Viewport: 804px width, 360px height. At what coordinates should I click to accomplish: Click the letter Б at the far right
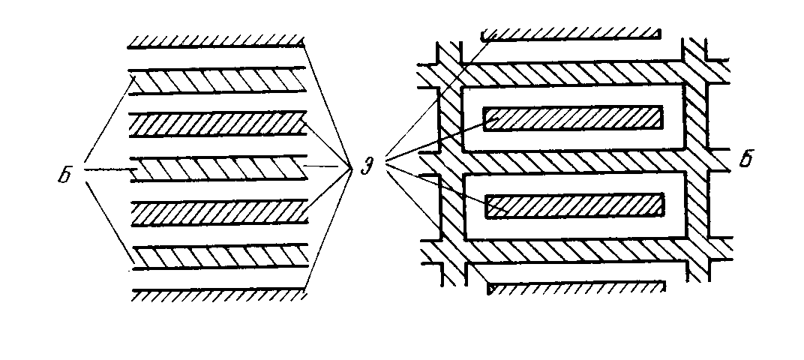coord(745,160)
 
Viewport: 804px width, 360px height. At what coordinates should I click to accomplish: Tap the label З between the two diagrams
coord(366,166)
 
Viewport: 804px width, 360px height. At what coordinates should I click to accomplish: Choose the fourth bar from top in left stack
coord(218,212)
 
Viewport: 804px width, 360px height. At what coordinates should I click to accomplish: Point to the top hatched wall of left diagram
coord(216,42)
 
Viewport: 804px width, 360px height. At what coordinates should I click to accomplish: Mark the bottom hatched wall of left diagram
coord(217,295)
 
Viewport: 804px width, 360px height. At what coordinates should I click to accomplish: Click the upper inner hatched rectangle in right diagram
coord(573,118)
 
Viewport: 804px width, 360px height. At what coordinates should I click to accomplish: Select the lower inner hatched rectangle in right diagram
coord(574,205)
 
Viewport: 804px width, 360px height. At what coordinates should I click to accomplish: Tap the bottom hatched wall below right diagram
coord(575,288)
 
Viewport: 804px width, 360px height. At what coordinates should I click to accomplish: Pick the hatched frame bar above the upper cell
coord(572,73)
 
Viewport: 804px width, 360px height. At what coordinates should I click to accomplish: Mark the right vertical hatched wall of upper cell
coord(695,118)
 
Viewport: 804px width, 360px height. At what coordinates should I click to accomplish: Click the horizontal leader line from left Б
coord(108,169)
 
